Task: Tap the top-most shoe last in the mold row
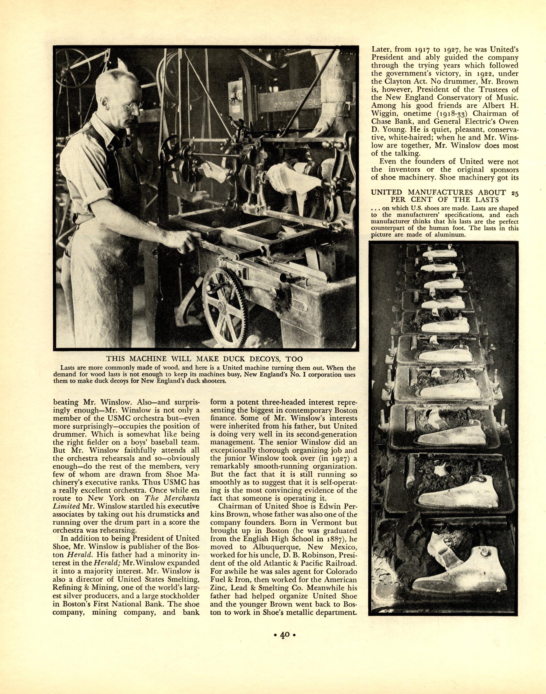442,254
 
